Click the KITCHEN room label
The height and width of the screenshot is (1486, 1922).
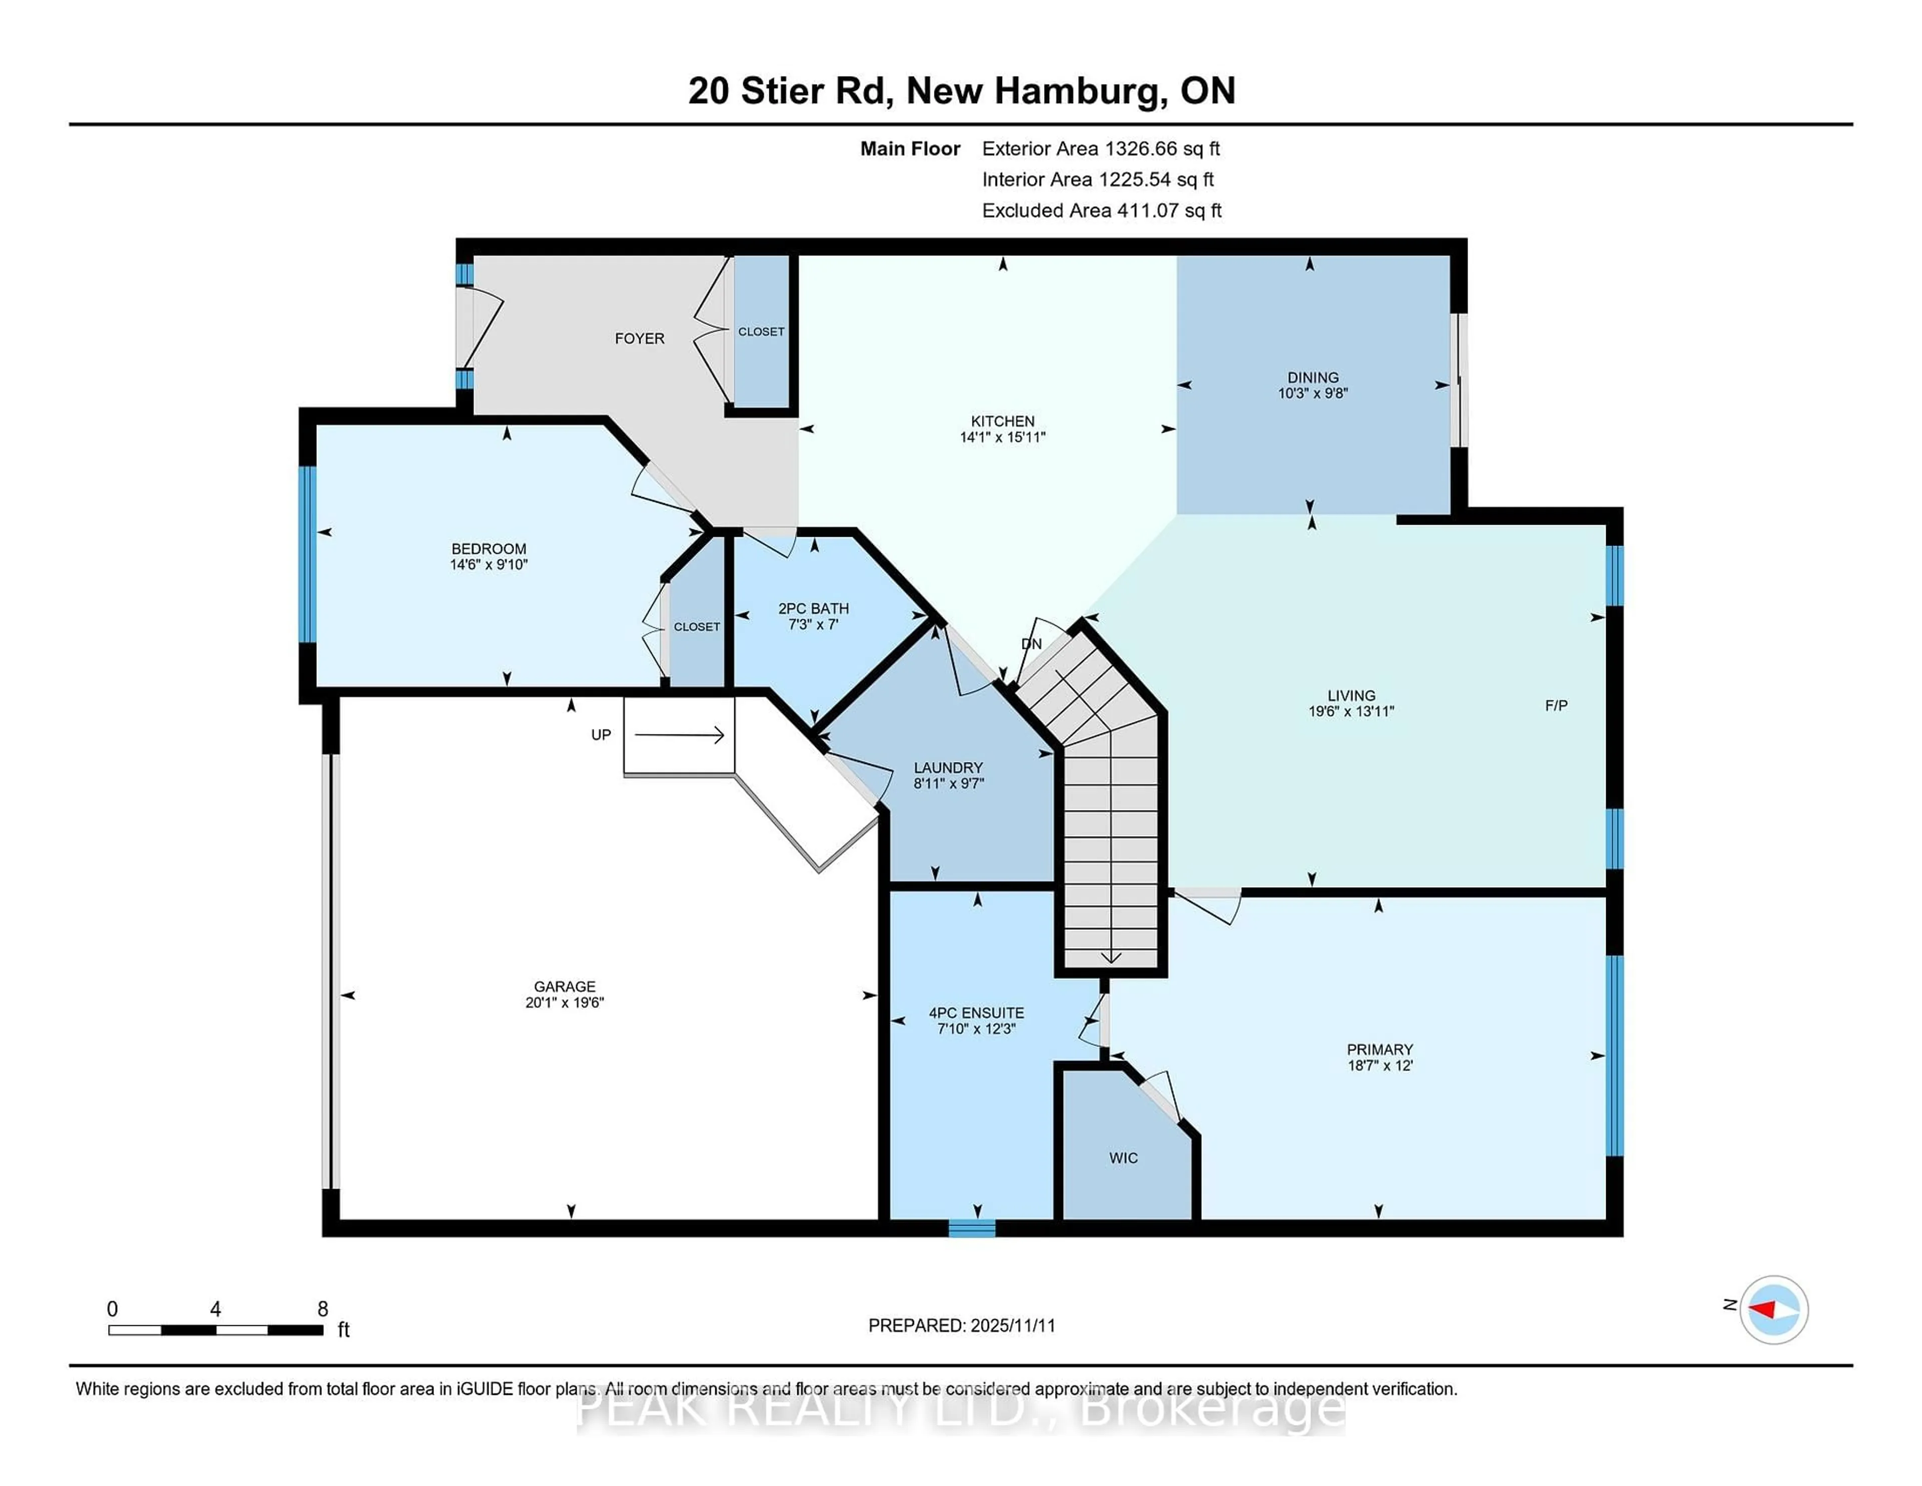1003,421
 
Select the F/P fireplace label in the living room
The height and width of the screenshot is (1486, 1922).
1556,705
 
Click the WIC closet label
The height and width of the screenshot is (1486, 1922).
1123,1158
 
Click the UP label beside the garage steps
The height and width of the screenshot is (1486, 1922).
601,734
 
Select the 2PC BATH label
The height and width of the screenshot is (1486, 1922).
813,608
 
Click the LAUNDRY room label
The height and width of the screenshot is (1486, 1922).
948,768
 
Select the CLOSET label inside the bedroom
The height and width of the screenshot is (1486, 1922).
697,627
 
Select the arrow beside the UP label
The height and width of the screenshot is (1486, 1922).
679,734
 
